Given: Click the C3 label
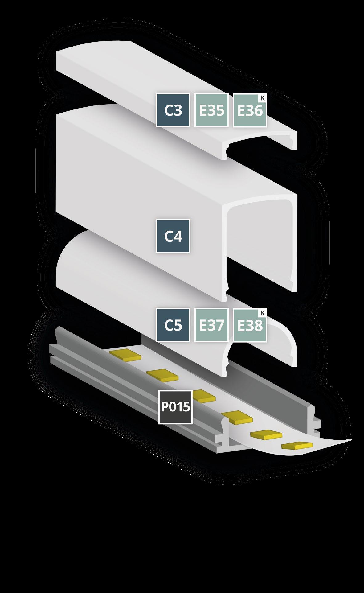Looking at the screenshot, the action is (x=173, y=110).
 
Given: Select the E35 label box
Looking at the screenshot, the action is (x=211, y=110).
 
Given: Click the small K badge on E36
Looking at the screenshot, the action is (x=262, y=98).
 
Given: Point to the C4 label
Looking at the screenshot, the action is (x=173, y=236).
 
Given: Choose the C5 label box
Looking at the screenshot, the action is (x=173, y=325).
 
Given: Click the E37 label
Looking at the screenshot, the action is (x=211, y=325).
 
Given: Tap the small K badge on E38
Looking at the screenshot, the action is (x=262, y=313).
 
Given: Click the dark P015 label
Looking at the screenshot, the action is (x=175, y=407).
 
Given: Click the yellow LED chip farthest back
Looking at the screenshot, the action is (x=125, y=355).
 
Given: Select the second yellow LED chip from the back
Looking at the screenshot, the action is (x=162, y=374).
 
